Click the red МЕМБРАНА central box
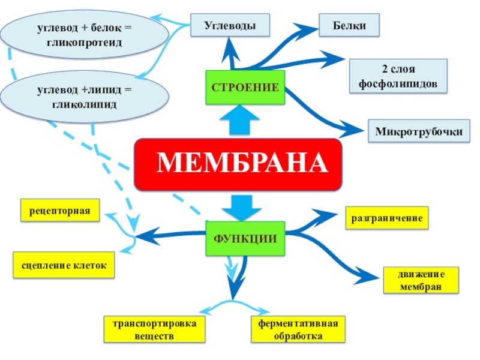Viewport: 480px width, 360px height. coord(238,163)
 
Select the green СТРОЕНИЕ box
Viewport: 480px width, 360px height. coord(245,88)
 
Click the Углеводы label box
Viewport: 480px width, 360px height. coord(230,26)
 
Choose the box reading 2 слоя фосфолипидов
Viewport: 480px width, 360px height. coord(398,76)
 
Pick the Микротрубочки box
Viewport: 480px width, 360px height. coord(419,131)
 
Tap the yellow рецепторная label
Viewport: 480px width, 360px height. coord(60,211)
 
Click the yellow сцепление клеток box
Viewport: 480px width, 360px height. coord(64,265)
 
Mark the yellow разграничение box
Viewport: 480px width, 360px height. coord(387,218)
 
